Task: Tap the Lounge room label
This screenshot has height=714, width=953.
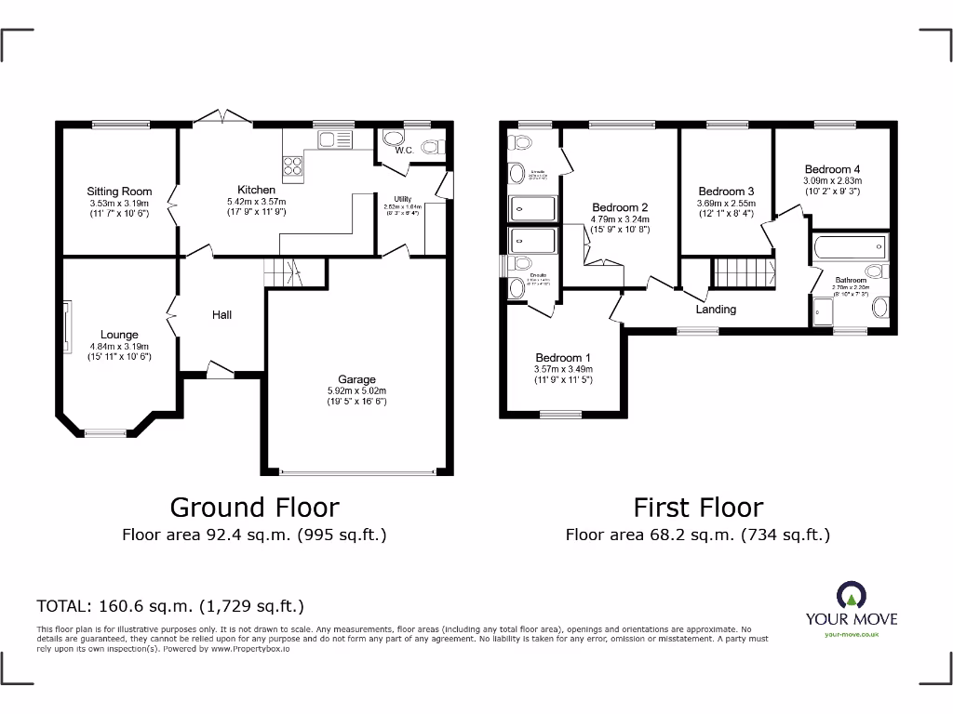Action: coord(119,335)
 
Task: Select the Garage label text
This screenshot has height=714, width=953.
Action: coord(356,379)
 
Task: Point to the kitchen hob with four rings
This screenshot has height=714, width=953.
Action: coord(293,165)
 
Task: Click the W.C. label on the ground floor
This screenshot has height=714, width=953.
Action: coord(404,150)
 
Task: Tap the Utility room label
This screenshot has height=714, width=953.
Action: coord(403,199)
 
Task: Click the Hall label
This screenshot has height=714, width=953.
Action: coord(221,315)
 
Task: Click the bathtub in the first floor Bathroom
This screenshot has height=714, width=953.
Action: coord(849,247)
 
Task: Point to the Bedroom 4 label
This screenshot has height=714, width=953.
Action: coord(832,169)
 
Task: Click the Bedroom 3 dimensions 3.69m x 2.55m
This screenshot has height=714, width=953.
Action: coord(726,204)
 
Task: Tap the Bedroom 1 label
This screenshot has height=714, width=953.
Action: coord(562,358)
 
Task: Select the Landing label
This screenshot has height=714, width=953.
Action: coord(716,309)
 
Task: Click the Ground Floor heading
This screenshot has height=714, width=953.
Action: coord(254,507)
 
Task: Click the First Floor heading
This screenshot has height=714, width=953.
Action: coord(698,507)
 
